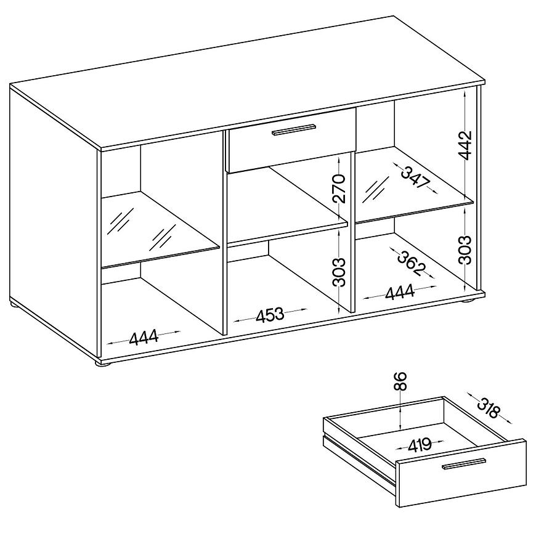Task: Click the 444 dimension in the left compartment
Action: tap(144, 338)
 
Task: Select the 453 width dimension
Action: tap(270, 315)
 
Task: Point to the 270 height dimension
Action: tap(338, 189)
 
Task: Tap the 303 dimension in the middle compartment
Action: tap(338, 272)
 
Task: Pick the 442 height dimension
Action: tap(465, 145)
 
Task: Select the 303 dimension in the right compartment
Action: tap(465, 250)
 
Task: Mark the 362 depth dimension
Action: tap(412, 263)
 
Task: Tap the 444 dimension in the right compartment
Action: tap(400, 292)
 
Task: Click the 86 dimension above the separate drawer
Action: tap(400, 381)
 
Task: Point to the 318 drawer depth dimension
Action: tap(489, 408)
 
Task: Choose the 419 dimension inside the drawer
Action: tap(420, 444)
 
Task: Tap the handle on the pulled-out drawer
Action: tap(463, 463)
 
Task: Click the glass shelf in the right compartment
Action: tap(414, 185)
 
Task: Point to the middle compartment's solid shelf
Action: tap(287, 205)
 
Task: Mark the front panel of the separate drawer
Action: tap(461, 473)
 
